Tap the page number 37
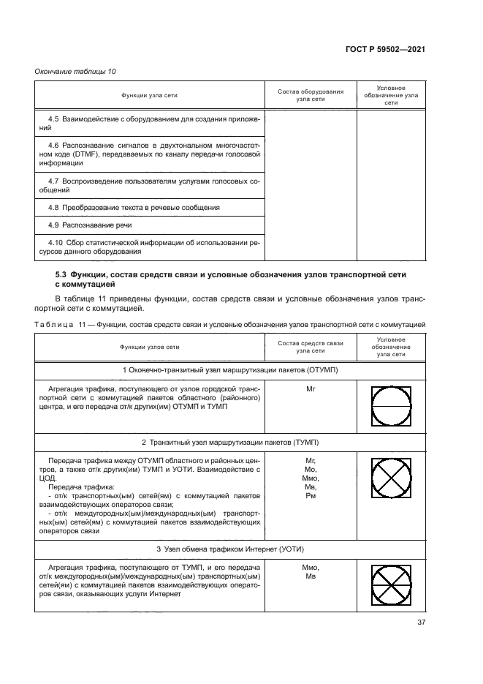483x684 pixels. pos(421,623)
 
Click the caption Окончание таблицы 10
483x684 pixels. pos(75,71)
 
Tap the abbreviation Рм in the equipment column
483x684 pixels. pos(310,496)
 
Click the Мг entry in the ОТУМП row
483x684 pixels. pos(310,391)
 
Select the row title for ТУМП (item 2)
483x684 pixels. pos(230,443)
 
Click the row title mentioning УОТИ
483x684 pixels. pos(230,549)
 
